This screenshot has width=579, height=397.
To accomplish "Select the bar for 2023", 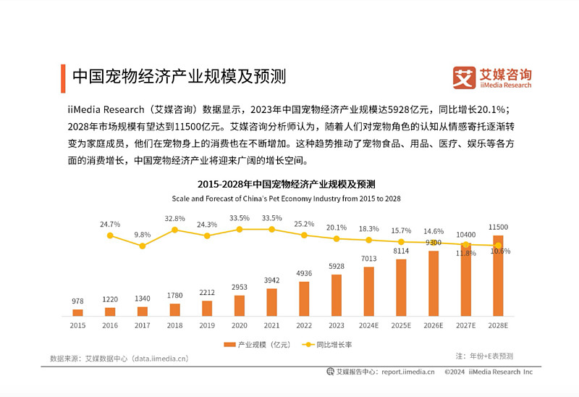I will [337, 296].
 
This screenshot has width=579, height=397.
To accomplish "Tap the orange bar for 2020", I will [240, 306].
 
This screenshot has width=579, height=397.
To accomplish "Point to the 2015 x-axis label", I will [77, 326].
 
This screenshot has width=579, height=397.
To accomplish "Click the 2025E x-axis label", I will [401, 326].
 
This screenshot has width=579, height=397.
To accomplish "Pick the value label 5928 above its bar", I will [337, 267].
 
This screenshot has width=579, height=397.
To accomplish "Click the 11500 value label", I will [498, 227].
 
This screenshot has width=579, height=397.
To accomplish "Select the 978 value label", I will [77, 301].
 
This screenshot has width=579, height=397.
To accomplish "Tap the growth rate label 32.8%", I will [174, 218].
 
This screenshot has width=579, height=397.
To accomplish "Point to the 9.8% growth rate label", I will [143, 235].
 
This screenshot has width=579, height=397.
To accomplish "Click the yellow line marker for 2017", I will [143, 246].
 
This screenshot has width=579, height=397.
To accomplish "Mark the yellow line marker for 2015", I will [110, 235].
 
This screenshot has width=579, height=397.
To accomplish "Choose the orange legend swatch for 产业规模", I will [229, 345].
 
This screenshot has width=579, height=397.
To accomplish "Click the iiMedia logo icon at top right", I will [464, 78].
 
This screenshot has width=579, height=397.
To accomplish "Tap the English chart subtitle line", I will [286, 198].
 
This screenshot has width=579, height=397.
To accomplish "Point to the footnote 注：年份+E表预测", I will [484, 356].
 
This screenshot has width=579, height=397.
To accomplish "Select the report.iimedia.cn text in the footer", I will [407, 372].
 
